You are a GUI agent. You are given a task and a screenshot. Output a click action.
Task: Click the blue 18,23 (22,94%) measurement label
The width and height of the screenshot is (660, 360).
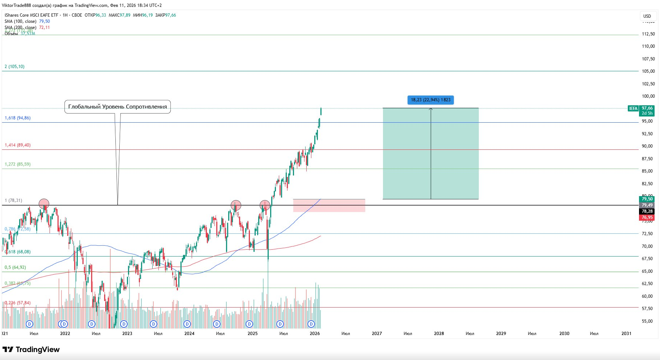pos(430,100)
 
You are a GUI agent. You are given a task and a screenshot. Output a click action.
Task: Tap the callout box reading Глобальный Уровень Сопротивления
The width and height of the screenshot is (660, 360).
pos(118,107)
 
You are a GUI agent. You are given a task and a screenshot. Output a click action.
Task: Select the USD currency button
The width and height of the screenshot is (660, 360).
pos(647,16)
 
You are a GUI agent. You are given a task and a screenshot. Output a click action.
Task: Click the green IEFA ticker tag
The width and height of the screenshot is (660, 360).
pos(633,109)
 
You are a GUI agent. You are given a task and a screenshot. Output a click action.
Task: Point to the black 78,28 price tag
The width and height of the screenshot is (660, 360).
pos(647,211)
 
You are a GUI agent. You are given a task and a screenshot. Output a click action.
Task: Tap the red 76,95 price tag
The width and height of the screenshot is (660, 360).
pos(647,217)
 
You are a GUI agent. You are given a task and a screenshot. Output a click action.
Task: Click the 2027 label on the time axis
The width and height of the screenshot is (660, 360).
pos(376,334)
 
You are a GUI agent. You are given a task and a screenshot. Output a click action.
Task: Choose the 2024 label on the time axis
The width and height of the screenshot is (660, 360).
pos(189,334)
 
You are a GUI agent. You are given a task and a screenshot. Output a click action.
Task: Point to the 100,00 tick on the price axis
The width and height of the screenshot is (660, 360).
pos(648,96)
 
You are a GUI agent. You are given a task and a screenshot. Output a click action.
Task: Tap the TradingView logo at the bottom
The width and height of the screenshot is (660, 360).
pos(31,350)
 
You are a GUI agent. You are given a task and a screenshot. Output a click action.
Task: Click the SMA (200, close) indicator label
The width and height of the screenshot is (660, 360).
pos(21,27)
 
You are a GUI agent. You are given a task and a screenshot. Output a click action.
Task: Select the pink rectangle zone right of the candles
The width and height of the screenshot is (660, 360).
pos(329,205)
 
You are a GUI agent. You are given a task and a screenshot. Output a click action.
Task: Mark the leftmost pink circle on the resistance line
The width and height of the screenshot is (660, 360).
pos(44,204)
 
